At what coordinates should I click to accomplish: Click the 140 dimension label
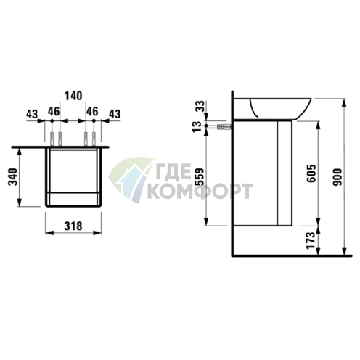73,96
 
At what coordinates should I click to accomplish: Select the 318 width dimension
73,226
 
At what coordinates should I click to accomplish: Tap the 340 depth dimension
13,176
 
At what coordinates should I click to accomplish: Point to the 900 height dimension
337,177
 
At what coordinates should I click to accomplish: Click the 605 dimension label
311,173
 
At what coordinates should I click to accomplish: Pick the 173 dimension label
311,240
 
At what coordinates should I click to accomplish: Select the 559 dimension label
200,176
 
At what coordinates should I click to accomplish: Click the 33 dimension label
200,106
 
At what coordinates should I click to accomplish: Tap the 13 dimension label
197,126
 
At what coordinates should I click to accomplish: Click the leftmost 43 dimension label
32,114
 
